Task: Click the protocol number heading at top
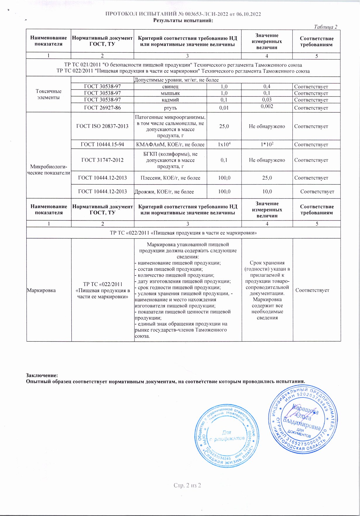183,14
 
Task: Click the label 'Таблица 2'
325,27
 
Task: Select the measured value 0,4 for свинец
267,86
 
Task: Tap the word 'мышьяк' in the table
170,93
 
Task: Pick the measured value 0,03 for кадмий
267,100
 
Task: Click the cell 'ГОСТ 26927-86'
102,108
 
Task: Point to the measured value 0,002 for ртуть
267,106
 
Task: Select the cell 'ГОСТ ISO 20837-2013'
102,126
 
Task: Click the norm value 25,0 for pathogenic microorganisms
224,126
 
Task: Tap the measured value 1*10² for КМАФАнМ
267,145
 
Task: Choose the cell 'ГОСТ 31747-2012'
102,160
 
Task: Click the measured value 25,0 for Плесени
267,178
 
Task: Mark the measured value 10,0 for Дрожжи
267,191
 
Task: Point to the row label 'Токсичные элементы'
49,94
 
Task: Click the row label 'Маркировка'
41,290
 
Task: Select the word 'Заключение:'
42,375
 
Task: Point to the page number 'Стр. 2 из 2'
187,485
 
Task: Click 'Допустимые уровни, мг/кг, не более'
176,80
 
